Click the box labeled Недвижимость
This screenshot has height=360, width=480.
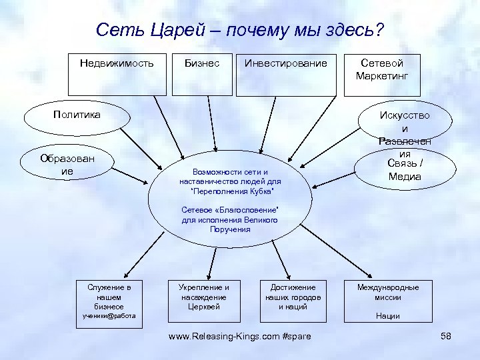(x=117, y=73)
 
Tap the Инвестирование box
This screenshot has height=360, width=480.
(x=286, y=73)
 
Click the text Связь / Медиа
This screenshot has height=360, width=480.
(x=404, y=171)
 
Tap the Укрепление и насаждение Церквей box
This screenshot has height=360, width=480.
(x=204, y=297)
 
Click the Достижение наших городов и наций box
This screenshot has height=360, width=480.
(x=293, y=297)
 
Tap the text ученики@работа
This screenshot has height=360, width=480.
(x=109, y=316)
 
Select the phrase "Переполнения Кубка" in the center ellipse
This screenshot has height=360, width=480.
(x=231, y=191)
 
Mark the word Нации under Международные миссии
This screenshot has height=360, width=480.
(x=387, y=316)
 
